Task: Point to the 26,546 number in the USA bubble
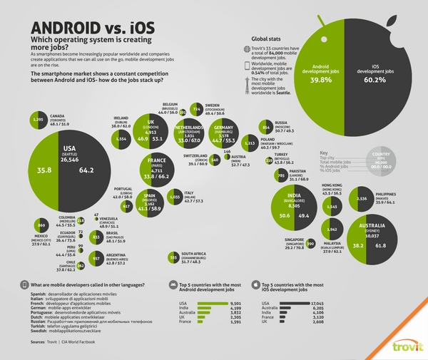click(69, 161)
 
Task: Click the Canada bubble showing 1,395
click(39, 120)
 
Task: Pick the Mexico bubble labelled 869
click(40, 226)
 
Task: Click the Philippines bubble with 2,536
click(362, 199)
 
